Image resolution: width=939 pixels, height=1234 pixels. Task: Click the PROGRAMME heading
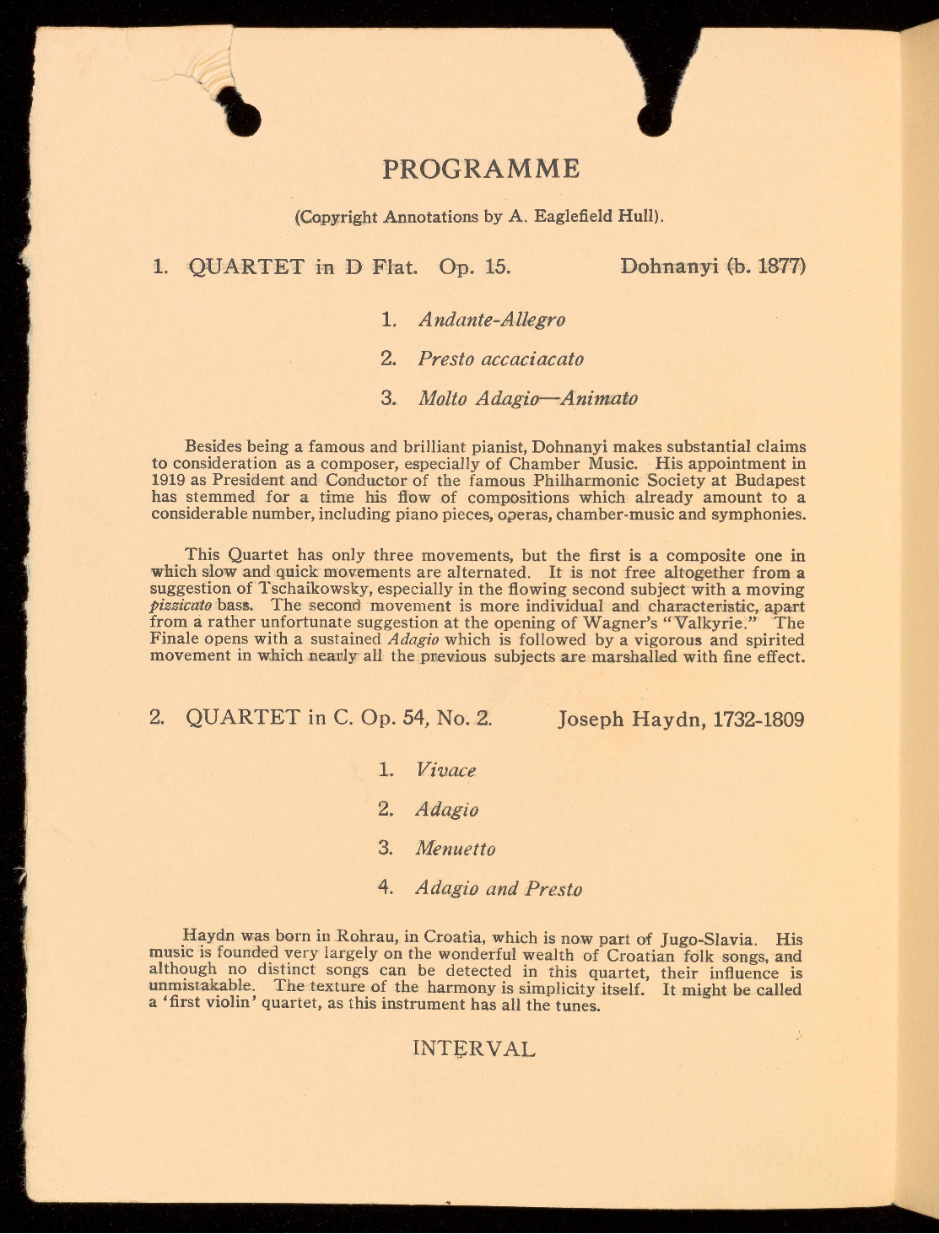481,169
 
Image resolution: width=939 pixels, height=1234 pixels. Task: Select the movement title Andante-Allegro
492,320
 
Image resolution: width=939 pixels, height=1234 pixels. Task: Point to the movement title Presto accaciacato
501,358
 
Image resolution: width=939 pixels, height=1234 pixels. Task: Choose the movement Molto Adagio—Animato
528,398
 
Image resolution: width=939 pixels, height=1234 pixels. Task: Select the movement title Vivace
446,770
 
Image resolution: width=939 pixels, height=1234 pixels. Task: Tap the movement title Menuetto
456,849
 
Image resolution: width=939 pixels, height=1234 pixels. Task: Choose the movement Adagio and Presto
499,888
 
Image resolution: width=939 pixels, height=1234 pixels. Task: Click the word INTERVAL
473,1049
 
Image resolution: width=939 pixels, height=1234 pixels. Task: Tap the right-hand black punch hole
655,120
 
